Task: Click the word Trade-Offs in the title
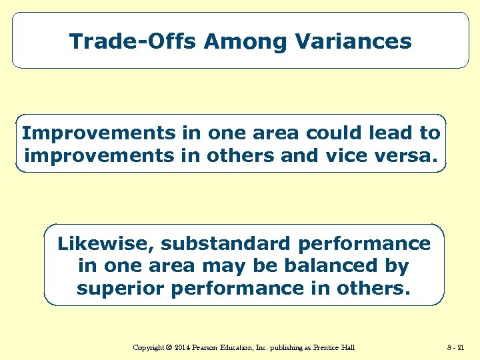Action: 133,41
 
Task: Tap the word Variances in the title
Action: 355,41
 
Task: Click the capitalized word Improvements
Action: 98,133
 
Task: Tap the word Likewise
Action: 105,243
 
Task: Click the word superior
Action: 122,288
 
